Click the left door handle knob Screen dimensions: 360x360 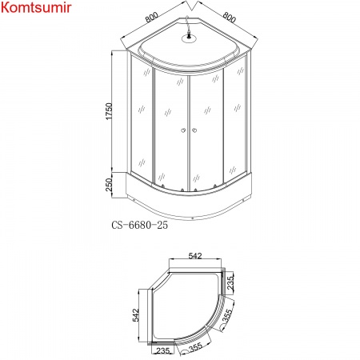click(183, 131)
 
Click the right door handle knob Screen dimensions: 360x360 click(194, 131)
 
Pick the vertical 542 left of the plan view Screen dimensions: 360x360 click(136, 317)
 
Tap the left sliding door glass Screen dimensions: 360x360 click(170, 128)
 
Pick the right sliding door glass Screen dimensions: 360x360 click(206, 128)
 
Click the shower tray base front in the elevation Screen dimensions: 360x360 click(188, 203)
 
